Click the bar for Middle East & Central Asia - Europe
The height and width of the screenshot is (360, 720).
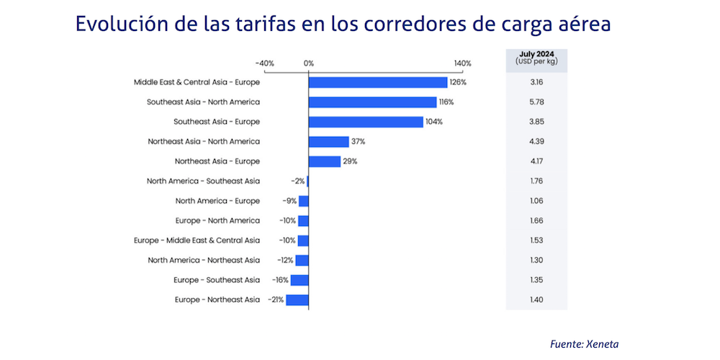378,82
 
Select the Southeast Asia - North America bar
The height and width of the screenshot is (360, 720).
372,102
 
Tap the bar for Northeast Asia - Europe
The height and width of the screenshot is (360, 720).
325,161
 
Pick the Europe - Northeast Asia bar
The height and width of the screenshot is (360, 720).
297,300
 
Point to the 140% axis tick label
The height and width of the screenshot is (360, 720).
462,63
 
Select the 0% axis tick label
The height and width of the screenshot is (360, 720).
309,63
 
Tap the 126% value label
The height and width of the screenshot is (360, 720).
458,83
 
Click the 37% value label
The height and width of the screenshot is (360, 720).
358,142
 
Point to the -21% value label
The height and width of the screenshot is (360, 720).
275,300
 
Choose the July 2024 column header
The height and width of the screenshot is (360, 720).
536,58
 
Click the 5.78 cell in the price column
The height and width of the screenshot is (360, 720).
536,102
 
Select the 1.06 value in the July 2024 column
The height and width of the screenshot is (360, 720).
536,201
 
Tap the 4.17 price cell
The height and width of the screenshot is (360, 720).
536,161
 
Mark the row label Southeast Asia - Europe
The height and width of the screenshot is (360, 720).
216,122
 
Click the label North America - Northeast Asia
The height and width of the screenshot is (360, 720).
204,260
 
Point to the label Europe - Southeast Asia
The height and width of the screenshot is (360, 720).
217,280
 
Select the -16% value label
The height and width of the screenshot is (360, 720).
280,280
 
